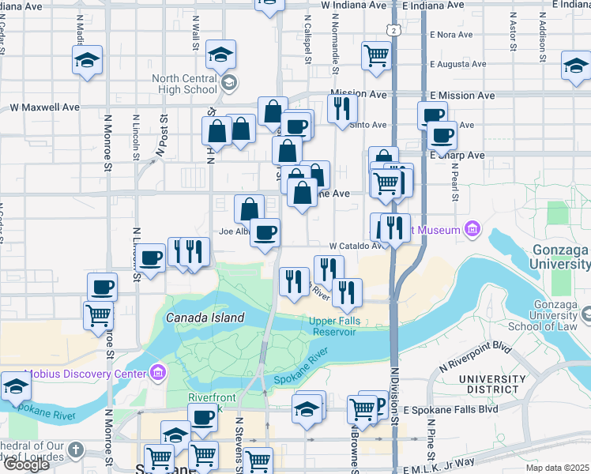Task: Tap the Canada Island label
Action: coord(205,318)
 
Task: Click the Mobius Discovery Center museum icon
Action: coord(158,372)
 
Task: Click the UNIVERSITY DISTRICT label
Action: coord(492,386)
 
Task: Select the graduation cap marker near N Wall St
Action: coord(220,55)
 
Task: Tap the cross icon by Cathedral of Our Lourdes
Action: coord(75,450)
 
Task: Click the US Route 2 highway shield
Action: coord(393,29)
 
